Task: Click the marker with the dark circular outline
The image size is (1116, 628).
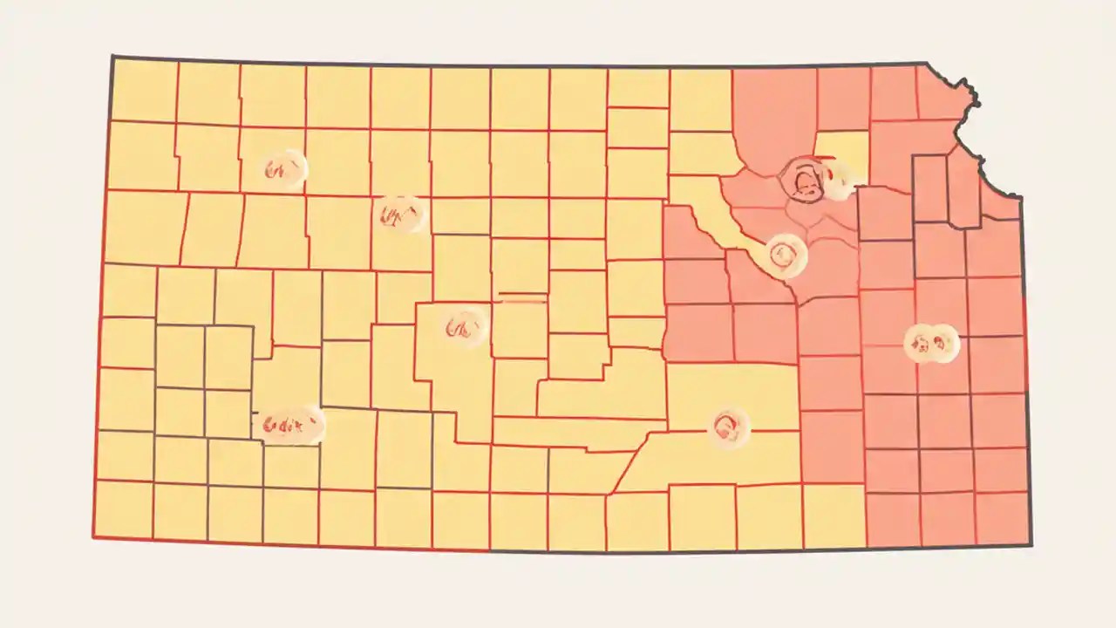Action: pos(803,181)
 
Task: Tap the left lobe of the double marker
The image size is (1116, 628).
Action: pos(919,342)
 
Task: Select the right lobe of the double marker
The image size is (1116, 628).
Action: pos(943,342)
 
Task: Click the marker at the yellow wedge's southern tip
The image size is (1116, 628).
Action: pos(785,255)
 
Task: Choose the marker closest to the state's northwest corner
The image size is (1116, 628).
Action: pos(285,170)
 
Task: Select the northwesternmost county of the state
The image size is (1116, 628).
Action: pos(144,90)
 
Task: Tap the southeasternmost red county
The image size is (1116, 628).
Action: pos(1002,518)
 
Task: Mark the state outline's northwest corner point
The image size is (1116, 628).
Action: pos(112,57)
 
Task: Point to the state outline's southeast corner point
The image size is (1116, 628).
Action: pos(1031,546)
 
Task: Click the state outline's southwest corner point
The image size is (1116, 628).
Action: pos(93,536)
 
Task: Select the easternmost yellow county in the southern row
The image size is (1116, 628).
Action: pos(834,516)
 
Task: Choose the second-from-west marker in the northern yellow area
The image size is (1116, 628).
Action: pos(400,214)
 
